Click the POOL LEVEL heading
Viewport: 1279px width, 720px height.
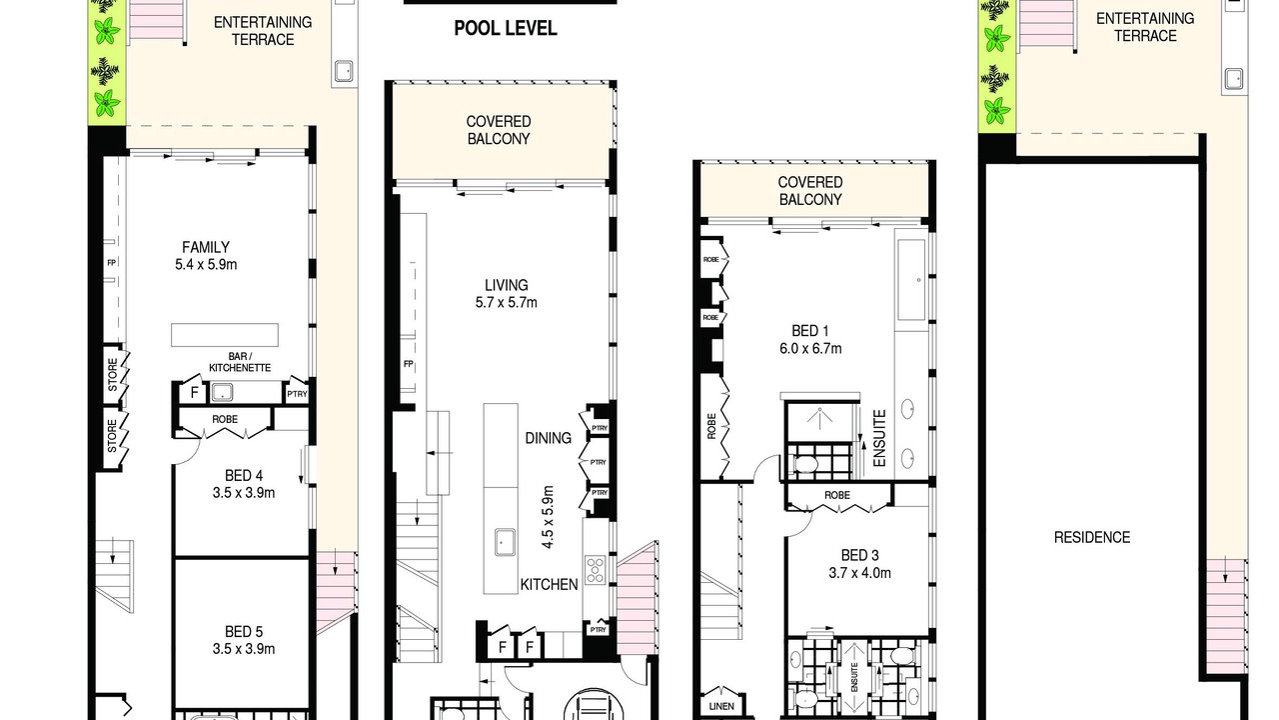[x=506, y=29]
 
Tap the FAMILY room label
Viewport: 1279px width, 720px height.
[x=206, y=247]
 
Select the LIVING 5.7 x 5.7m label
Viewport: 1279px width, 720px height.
[x=507, y=294]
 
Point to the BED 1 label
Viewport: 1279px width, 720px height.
[x=810, y=331]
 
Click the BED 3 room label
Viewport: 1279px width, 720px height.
[x=860, y=555]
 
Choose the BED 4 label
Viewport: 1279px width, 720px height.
[x=244, y=475]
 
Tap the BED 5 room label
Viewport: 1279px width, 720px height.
[x=244, y=631]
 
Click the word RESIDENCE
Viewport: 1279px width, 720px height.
[x=1092, y=537]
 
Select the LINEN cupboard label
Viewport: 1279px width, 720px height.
[x=721, y=706]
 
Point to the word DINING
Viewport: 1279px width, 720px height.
[x=549, y=438]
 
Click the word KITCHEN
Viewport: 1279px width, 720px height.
[x=549, y=585]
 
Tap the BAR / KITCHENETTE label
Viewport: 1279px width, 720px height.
[x=240, y=362]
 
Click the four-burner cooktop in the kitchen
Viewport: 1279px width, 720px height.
[x=595, y=570]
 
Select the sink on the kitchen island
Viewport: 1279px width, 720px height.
[x=505, y=542]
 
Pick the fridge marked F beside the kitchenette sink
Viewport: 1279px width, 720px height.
[x=194, y=393]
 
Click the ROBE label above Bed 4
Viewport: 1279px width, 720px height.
[x=225, y=419]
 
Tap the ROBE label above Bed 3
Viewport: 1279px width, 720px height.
[x=837, y=495]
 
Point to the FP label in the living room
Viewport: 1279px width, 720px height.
[x=409, y=364]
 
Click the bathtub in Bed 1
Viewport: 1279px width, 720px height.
[x=911, y=280]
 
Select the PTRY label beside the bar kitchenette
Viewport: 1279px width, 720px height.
[x=297, y=394]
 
